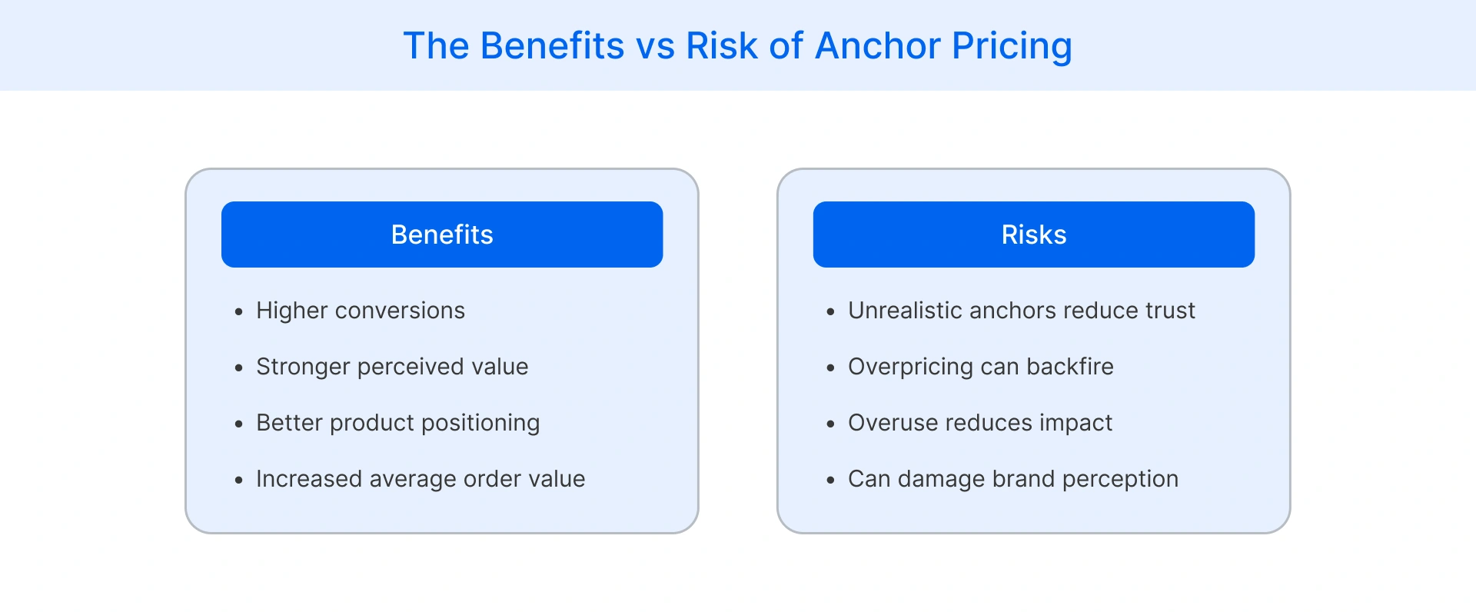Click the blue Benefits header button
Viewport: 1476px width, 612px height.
click(442, 234)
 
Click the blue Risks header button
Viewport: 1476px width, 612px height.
click(1033, 234)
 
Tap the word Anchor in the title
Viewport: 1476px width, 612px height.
click(877, 46)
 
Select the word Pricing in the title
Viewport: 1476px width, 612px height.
click(1012, 46)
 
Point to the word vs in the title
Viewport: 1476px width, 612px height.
click(655, 46)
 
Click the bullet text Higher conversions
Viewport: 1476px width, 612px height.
click(361, 311)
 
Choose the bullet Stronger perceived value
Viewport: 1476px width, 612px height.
click(392, 367)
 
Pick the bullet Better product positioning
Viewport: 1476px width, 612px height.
click(397, 423)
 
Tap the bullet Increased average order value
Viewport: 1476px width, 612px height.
click(421, 479)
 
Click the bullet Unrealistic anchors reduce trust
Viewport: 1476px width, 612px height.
click(1022, 311)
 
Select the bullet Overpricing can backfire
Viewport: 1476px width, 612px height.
click(980, 367)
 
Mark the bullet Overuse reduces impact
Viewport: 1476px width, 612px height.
click(980, 423)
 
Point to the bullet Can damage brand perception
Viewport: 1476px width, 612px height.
click(1013, 479)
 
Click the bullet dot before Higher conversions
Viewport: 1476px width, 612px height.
click(239, 312)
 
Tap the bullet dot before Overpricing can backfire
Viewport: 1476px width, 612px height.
click(830, 368)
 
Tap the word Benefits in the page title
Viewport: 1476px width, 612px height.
click(552, 46)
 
